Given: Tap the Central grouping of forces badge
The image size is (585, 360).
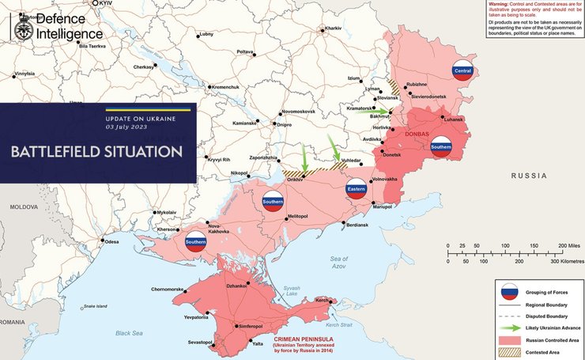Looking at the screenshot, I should (462, 71).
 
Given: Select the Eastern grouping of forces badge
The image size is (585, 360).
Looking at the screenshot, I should (356, 188).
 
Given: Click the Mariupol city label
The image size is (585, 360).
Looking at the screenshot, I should (382, 207).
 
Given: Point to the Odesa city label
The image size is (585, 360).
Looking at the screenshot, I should (112, 241).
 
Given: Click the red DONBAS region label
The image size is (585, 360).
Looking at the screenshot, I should (416, 135).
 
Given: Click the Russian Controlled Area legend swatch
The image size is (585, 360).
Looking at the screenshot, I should (509, 339).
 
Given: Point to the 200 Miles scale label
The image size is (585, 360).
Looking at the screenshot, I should (567, 246).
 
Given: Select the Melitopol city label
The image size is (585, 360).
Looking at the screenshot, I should (297, 216).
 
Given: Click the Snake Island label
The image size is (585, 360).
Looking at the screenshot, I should (96, 306).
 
